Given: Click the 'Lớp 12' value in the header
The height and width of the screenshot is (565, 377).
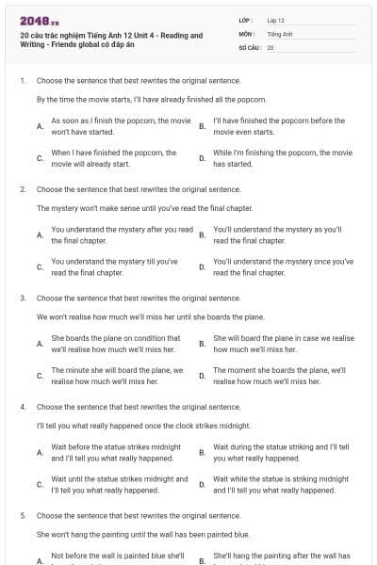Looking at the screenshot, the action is pos(275,20).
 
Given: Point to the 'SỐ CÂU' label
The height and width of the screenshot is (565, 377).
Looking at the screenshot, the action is pos(250,46).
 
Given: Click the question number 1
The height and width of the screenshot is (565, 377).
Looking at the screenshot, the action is pos(22,81).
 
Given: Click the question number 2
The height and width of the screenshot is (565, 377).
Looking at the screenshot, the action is pos(22,189).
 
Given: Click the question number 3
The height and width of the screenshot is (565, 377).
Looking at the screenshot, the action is pos(22,299).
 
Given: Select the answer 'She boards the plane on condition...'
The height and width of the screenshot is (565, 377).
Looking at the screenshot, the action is pos(117,344).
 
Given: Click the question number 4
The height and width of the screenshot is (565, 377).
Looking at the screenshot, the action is pos(22,407).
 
